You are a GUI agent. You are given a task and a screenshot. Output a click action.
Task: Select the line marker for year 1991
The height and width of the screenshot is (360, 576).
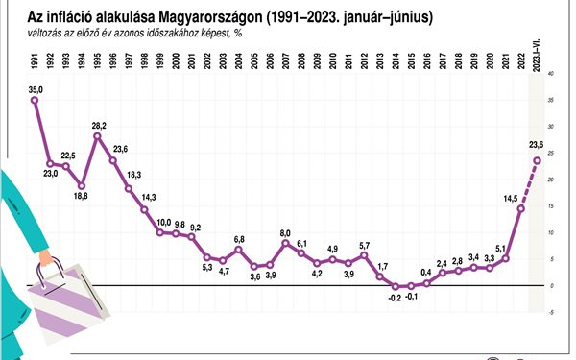(x=34, y=100)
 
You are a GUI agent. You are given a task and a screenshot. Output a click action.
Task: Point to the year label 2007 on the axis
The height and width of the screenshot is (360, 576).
(x=285, y=61)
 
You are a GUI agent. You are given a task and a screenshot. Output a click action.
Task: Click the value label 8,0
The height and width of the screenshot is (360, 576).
(x=285, y=231)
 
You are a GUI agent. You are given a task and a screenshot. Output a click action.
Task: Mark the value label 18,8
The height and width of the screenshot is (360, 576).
(x=80, y=196)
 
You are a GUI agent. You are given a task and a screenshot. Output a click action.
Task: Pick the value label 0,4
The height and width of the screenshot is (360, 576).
(x=426, y=273)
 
